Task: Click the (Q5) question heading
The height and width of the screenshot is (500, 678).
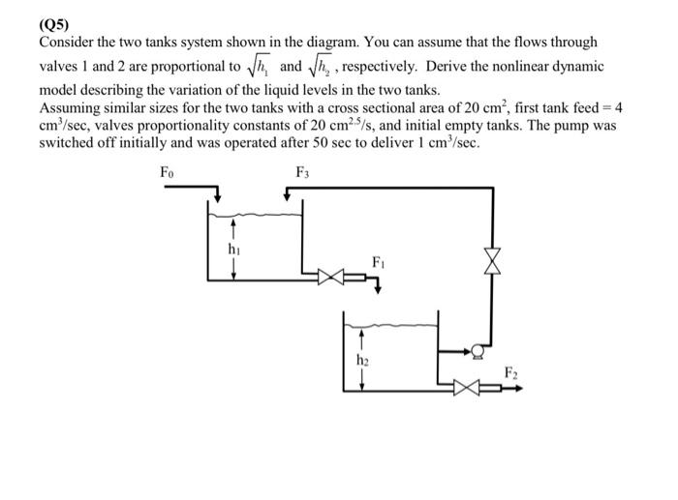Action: (x=54, y=24)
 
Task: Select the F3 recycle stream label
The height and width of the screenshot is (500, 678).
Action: (x=302, y=173)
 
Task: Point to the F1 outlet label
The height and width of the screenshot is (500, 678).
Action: (x=379, y=261)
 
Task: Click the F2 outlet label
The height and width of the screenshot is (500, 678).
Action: (x=510, y=372)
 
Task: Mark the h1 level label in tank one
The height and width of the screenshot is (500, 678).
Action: (x=233, y=249)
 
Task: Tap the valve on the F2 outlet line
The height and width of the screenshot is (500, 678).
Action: (x=468, y=389)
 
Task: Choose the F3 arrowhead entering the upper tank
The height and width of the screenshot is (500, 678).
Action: (x=287, y=197)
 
